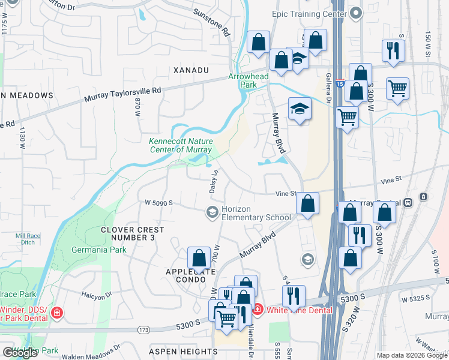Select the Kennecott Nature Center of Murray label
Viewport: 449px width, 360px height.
180,145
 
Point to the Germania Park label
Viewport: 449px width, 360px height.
131,249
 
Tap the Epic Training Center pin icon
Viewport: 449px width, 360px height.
356,12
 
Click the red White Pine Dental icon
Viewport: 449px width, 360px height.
257,309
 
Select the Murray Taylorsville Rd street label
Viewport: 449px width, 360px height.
123,94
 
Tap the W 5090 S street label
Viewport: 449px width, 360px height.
158,203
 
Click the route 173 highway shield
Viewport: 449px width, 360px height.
143,329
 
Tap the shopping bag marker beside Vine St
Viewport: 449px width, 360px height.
307,203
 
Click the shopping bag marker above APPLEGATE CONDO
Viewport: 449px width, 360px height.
199,259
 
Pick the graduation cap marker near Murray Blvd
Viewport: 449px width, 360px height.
300,109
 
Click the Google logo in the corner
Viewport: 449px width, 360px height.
20,353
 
